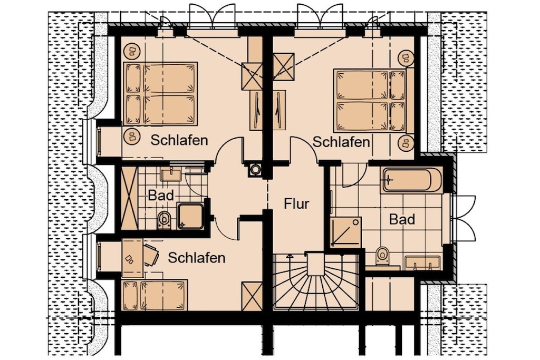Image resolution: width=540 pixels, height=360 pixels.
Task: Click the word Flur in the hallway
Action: [x=296, y=204]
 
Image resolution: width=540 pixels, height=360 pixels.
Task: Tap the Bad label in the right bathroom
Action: [x=402, y=219]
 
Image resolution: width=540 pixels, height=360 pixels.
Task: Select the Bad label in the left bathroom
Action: [x=161, y=196]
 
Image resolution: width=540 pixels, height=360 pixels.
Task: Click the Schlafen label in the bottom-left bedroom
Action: [x=197, y=257]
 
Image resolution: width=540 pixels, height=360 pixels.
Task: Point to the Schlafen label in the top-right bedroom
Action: [x=341, y=142]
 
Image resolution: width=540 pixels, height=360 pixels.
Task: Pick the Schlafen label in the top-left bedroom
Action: [x=179, y=140]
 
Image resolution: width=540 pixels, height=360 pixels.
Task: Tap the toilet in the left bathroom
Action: [x=165, y=220]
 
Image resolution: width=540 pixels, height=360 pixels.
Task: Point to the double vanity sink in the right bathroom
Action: [x=422, y=262]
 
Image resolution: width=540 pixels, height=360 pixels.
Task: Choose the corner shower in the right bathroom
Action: [x=346, y=232]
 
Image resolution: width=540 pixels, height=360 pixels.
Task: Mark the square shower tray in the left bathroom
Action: [x=190, y=216]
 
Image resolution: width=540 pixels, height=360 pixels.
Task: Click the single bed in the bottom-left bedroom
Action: [x=155, y=295]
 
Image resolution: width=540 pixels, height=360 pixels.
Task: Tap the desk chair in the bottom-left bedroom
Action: [x=151, y=255]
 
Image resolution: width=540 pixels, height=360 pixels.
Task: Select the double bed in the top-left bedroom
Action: [x=160, y=93]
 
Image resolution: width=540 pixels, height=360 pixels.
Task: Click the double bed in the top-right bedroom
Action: [x=370, y=101]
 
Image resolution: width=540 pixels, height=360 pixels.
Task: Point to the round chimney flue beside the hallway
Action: [x=255, y=169]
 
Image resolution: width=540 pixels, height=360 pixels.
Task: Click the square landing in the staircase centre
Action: [x=316, y=264]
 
